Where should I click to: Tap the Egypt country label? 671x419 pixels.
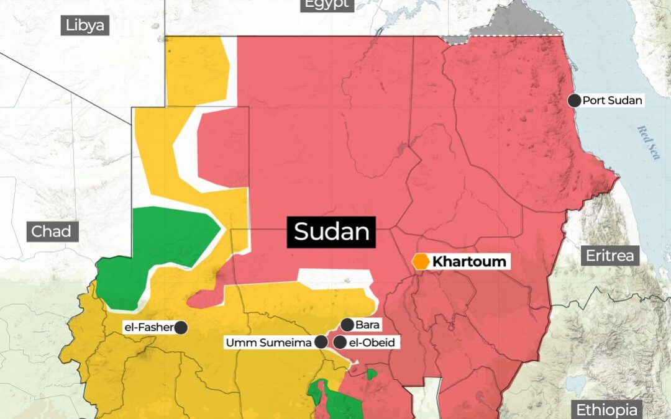(327, 5)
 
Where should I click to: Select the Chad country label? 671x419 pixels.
(52, 232)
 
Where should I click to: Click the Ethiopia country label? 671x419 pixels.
(607, 410)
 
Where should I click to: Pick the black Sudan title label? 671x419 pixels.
(332, 232)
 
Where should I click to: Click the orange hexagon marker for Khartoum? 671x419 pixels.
(422, 261)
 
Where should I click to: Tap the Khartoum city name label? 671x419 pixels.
(469, 261)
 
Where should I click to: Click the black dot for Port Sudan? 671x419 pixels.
(575, 100)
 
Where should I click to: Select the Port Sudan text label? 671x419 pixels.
(612, 100)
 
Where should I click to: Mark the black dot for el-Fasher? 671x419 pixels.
(181, 328)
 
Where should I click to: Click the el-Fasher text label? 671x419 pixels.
(149, 328)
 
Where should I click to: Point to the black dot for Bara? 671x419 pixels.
(347, 324)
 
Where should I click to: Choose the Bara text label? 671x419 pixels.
(367, 324)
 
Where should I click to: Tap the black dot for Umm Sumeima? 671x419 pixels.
(321, 342)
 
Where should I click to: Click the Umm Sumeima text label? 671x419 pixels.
(268, 342)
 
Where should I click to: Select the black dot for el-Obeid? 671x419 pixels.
(339, 342)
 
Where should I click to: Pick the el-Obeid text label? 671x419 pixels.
(372, 342)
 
